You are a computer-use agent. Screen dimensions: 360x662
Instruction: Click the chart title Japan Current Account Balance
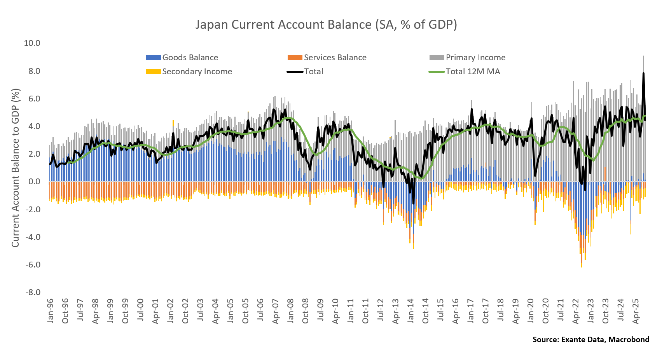point(326,24)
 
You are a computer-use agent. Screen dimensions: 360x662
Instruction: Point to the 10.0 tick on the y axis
point(32,43)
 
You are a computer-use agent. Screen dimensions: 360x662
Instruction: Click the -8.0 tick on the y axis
point(33,292)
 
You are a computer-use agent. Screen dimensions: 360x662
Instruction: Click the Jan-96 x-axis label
point(51,311)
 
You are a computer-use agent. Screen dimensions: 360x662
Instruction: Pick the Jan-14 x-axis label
point(411,311)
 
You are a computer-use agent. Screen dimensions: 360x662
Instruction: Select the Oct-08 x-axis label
point(306,311)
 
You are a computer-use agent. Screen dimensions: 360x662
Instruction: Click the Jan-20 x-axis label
point(531,311)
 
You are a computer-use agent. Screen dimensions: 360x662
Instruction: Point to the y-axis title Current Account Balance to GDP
point(15,168)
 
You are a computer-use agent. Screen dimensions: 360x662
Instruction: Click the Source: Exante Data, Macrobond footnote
point(590,339)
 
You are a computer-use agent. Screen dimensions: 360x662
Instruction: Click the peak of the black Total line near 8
point(643,73)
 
